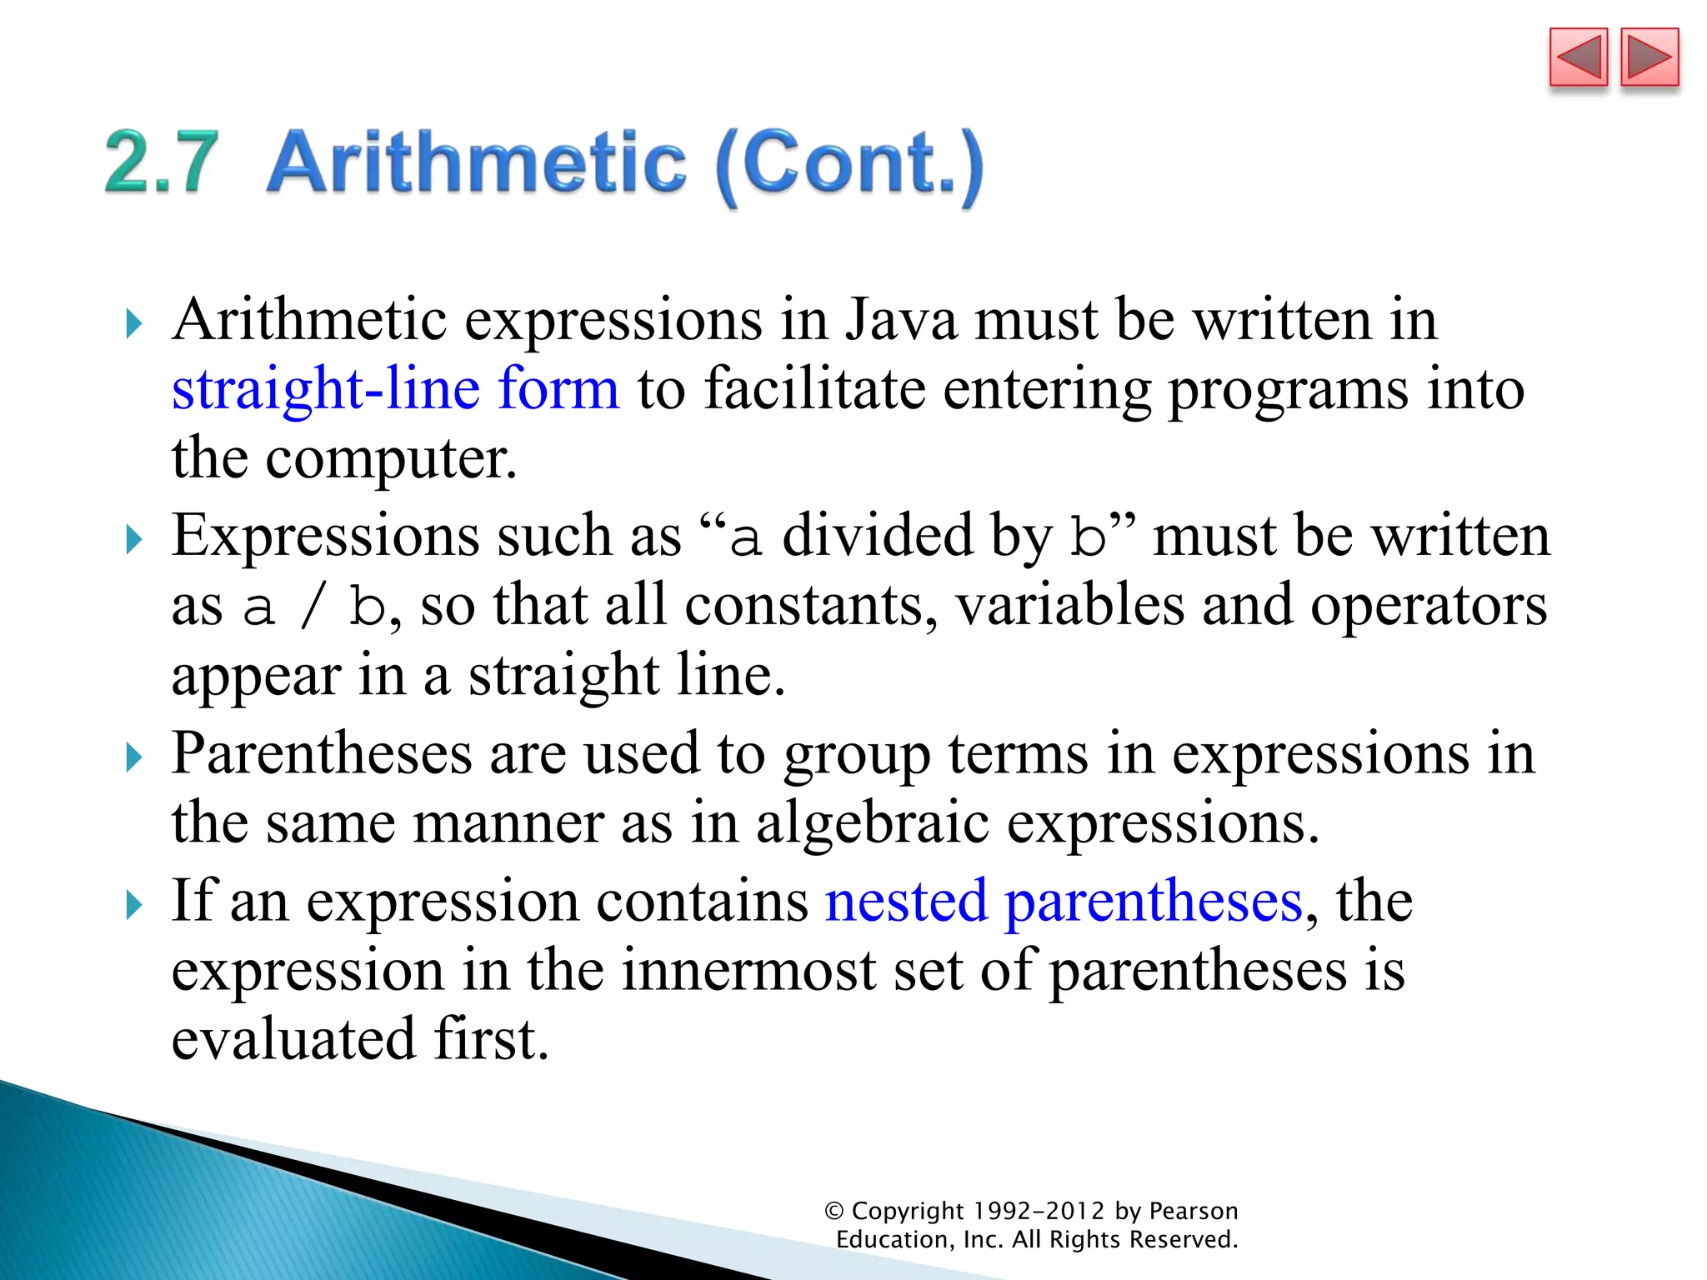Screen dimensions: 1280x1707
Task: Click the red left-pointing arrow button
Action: click(x=1578, y=57)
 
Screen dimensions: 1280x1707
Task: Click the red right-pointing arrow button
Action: click(x=1649, y=57)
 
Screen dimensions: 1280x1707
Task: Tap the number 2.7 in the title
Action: click(x=162, y=162)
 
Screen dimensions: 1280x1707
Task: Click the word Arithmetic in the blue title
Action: click(x=476, y=162)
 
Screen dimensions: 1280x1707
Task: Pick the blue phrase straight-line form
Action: click(x=396, y=389)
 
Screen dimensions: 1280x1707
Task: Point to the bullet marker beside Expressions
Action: click(x=133, y=540)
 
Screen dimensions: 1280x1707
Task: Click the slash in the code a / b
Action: click(x=312, y=607)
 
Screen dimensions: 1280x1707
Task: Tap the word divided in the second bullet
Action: click(x=877, y=536)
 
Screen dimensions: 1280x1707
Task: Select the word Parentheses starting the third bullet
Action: click(x=322, y=755)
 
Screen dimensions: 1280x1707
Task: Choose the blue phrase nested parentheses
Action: click(x=1064, y=902)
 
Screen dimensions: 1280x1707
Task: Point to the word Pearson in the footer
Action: click(x=1193, y=1211)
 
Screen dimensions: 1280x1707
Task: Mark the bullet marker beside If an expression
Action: click(x=133, y=905)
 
